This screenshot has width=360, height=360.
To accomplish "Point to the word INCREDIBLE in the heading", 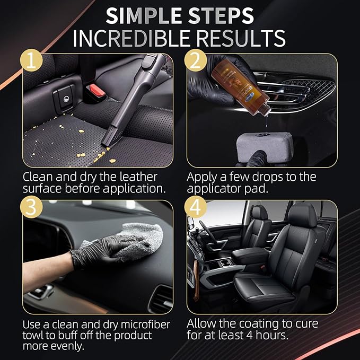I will point(134,39).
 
